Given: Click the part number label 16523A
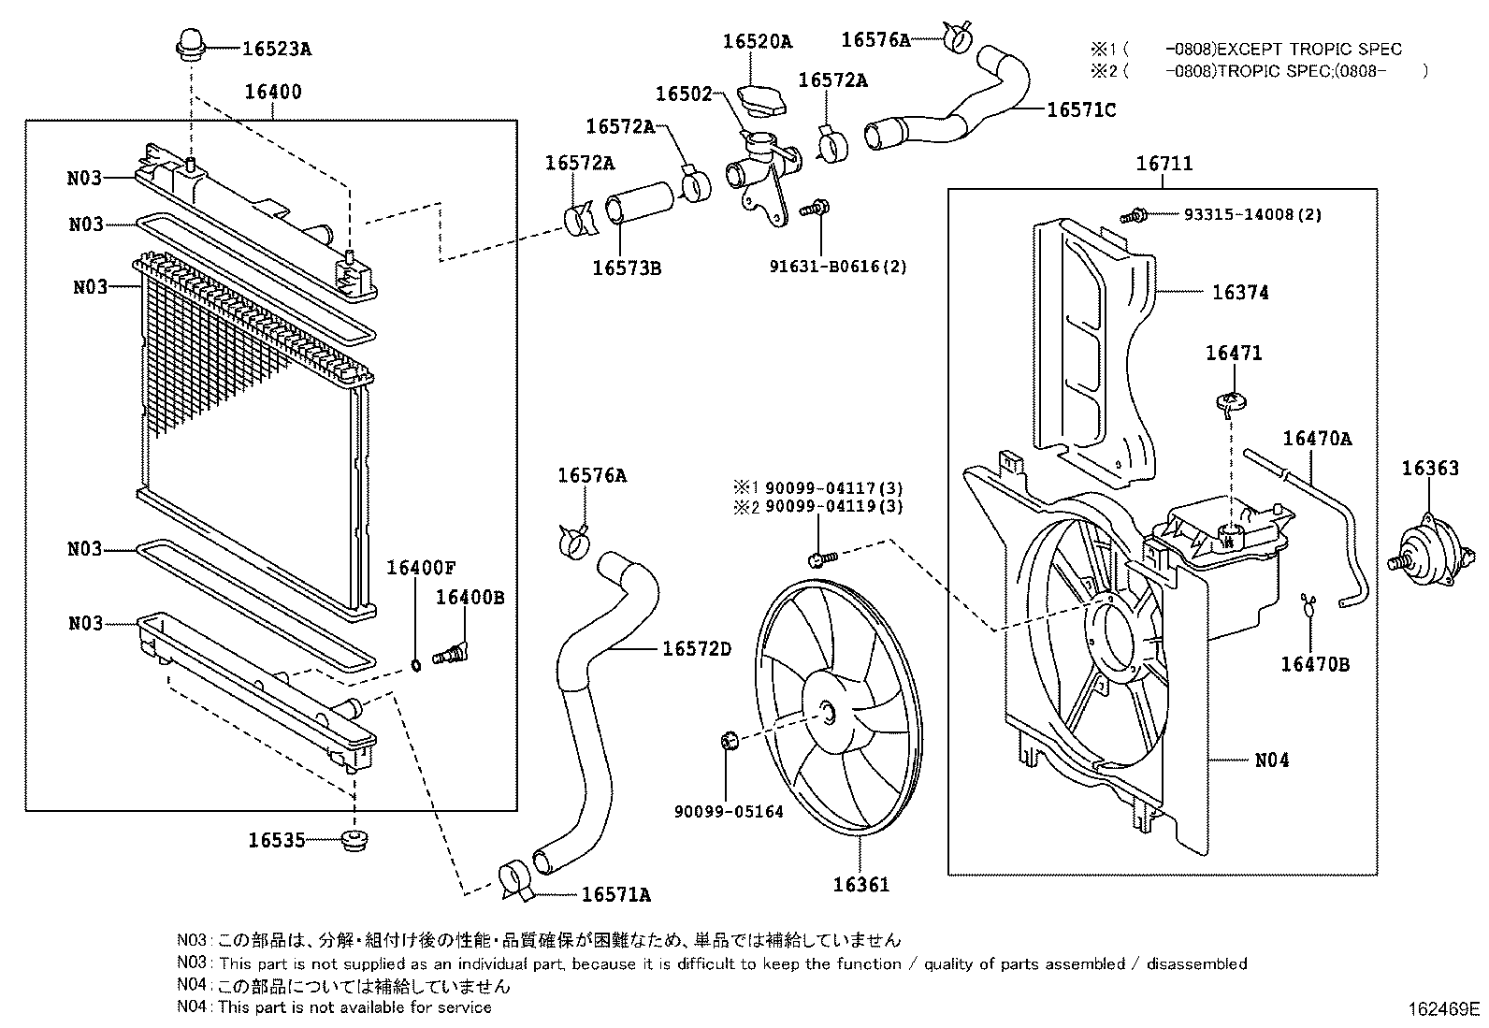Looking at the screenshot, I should click(276, 49).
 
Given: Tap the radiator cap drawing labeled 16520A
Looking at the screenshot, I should click(763, 97).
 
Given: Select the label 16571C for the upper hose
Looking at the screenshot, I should click(1080, 109).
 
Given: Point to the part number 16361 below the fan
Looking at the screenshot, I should click(860, 884).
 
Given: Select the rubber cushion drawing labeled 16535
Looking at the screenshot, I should click(354, 840).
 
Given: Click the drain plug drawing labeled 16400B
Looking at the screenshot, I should click(450, 652).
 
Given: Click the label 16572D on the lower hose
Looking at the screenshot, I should click(696, 648).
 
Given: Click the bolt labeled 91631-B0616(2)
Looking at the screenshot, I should click(817, 208).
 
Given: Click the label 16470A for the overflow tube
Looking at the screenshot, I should click(1316, 438).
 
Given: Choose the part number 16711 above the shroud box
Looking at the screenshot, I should click(1164, 164).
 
